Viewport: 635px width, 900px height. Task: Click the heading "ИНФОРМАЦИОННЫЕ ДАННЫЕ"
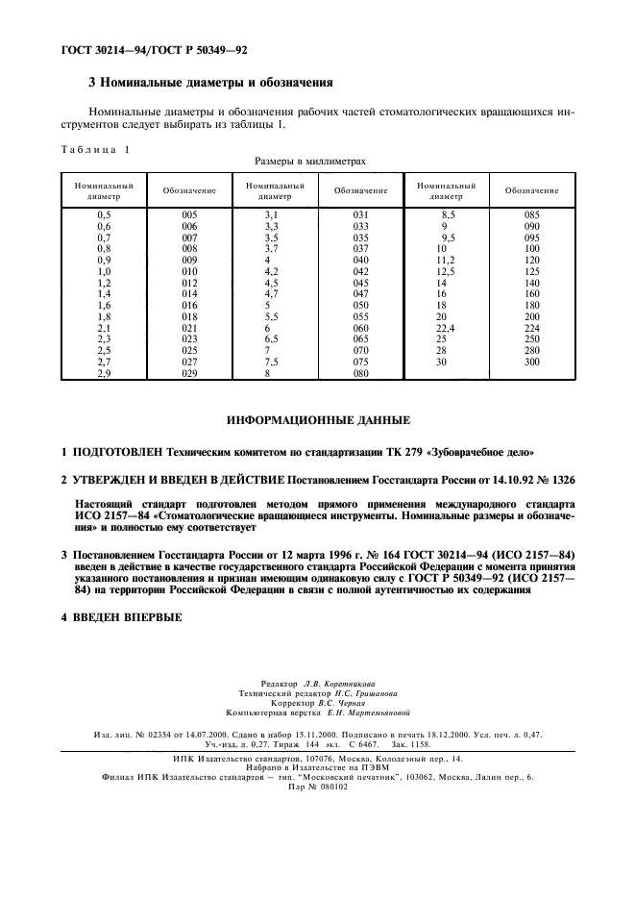coord(318,421)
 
